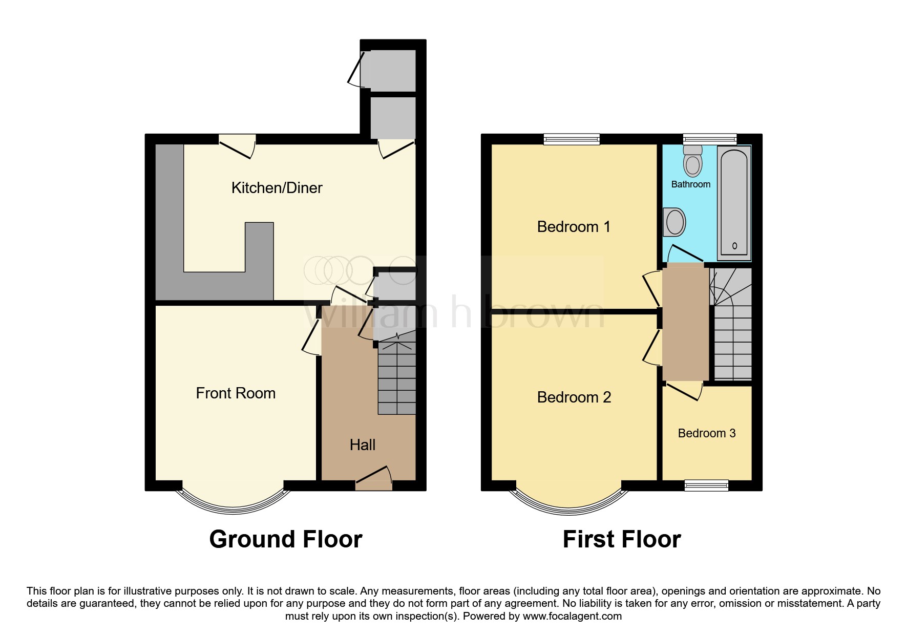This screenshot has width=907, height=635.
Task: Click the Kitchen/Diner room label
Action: [277, 188]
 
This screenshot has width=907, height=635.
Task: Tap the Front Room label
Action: [236, 393]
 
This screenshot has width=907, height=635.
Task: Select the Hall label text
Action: [363, 445]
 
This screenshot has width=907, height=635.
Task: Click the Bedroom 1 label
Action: [574, 227]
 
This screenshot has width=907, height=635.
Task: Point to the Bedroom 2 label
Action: [574, 397]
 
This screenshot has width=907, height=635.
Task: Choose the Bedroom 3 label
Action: [707, 433]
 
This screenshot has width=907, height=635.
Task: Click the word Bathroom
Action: [690, 184]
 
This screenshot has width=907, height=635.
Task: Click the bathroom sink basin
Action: [674, 222]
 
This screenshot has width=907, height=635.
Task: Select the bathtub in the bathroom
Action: [734, 202]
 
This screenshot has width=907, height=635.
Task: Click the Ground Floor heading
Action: [286, 539]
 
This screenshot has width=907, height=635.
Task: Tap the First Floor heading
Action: [622, 539]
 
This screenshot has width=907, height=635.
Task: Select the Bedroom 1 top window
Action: [572, 138]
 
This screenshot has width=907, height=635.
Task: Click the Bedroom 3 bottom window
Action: [707, 485]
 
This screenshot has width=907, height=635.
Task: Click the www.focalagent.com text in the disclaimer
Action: [572, 616]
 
